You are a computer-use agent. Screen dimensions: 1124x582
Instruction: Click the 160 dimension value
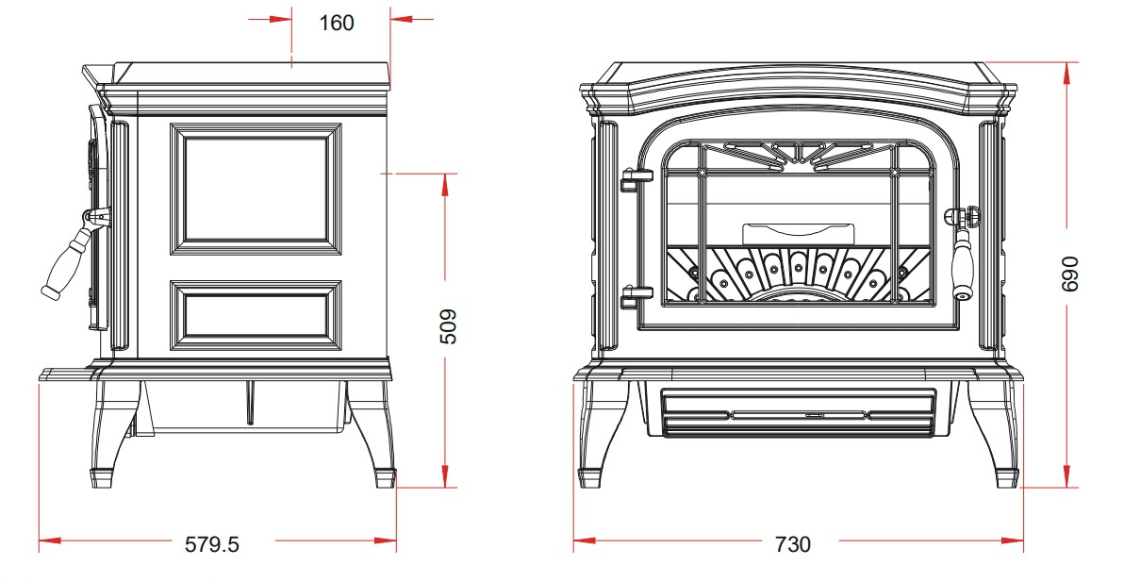tap(337, 23)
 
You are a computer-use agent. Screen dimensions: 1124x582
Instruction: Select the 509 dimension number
tap(447, 326)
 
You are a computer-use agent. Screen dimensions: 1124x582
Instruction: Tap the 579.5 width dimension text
tap(212, 544)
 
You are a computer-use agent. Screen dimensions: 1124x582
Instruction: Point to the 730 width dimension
tap(793, 544)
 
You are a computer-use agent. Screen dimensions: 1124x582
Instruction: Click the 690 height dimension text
tap(1068, 274)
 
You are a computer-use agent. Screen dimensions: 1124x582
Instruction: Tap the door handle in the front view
tap(963, 252)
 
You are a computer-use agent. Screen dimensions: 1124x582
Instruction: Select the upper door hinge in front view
tap(636, 179)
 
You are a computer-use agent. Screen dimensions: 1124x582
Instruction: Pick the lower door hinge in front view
tap(636, 296)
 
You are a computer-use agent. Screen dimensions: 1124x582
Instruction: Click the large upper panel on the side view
tap(256, 190)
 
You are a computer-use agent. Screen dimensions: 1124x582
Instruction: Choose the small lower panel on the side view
tap(256, 315)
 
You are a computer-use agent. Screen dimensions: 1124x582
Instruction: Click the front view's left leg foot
tap(590, 478)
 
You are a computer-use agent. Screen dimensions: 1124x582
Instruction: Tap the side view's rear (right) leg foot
tap(385, 478)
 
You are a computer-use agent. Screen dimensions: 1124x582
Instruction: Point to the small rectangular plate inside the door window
tap(798, 235)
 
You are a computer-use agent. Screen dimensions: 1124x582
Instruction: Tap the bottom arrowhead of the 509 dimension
tap(445, 476)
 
